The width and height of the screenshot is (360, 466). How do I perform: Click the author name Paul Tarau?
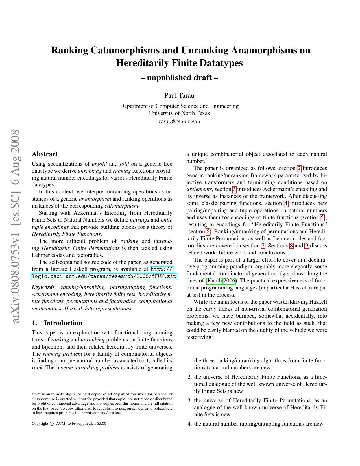[x=179, y=95]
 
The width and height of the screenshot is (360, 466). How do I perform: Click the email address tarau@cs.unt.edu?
[x=179, y=121]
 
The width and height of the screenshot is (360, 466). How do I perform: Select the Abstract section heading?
[x=45, y=154]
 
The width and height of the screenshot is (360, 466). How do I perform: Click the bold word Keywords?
[x=43, y=287]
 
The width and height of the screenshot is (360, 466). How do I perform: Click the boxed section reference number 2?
[x=299, y=168]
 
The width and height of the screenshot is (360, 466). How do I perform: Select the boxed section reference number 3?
[x=234, y=189]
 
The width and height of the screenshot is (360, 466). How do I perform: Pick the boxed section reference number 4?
[x=286, y=203]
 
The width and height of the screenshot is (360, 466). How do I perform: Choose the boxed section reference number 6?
[x=208, y=232]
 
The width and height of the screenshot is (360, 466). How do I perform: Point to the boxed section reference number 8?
[x=291, y=246]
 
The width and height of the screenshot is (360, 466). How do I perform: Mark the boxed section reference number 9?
[x=307, y=246]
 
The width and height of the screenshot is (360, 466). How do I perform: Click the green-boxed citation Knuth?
[x=215, y=281]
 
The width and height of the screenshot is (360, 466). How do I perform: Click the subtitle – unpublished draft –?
[x=179, y=77]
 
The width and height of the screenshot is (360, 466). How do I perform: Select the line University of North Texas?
[x=179, y=113]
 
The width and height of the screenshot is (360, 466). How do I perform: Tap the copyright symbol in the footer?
[x=51, y=424]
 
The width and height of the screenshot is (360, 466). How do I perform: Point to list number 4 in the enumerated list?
[x=189, y=424]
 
